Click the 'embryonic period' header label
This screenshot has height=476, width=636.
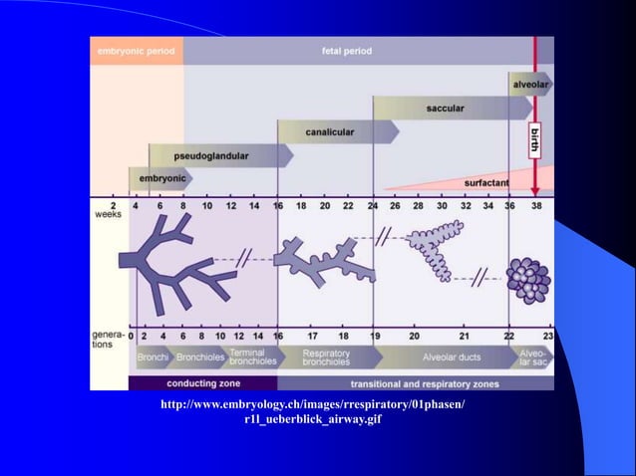tap(137, 51)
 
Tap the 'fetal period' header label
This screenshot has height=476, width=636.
tap(342, 51)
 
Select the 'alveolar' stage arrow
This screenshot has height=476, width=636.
tap(528, 86)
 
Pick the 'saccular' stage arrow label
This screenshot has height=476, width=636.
tap(446, 108)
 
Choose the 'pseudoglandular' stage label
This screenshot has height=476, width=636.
tap(211, 156)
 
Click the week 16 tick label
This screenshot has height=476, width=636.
tap(277, 206)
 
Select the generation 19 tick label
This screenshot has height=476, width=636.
tap(373, 336)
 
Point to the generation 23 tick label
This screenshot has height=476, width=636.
tap(548, 336)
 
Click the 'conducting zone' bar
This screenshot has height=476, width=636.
tap(202, 382)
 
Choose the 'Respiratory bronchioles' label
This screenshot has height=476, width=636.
tap(325, 357)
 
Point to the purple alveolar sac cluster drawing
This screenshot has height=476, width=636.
tap(527, 280)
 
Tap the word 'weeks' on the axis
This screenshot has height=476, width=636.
tap(108, 214)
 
